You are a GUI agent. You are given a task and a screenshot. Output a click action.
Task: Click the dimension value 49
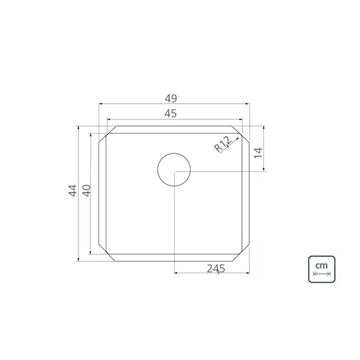click(171, 99)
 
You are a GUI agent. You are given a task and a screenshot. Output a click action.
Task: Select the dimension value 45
click(171, 114)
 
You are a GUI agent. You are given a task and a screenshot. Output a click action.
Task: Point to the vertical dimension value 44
click(73, 190)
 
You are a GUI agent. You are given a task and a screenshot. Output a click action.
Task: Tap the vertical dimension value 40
click(87, 190)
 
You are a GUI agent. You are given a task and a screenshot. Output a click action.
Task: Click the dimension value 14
click(258, 152)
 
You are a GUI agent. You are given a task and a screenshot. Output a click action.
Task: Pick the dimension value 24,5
click(216, 269)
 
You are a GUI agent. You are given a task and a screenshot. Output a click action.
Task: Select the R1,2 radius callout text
click(223, 144)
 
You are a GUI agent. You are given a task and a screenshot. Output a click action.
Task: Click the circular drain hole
click(174, 169)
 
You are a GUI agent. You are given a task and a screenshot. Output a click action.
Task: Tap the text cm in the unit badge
click(322, 266)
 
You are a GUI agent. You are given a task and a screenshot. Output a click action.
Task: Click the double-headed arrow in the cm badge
click(322, 274)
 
